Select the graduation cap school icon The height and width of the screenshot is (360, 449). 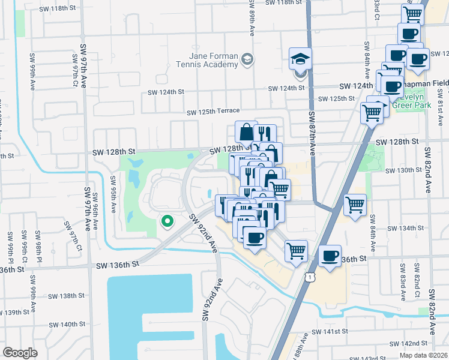pyautogui.click(x=300, y=59)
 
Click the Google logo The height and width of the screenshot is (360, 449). pyautogui.click(x=20, y=353)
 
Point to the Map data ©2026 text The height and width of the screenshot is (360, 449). pyautogui.click(x=423, y=355)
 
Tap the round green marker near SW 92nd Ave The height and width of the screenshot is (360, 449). pyautogui.click(x=167, y=222)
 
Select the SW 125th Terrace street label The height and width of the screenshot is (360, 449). pyautogui.click(x=213, y=112)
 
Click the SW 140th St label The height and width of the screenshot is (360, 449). pyautogui.click(x=67, y=324)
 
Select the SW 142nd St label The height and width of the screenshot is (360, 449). pyautogui.click(x=408, y=343)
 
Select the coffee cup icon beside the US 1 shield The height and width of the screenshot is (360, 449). pyautogui.click(x=330, y=257)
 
